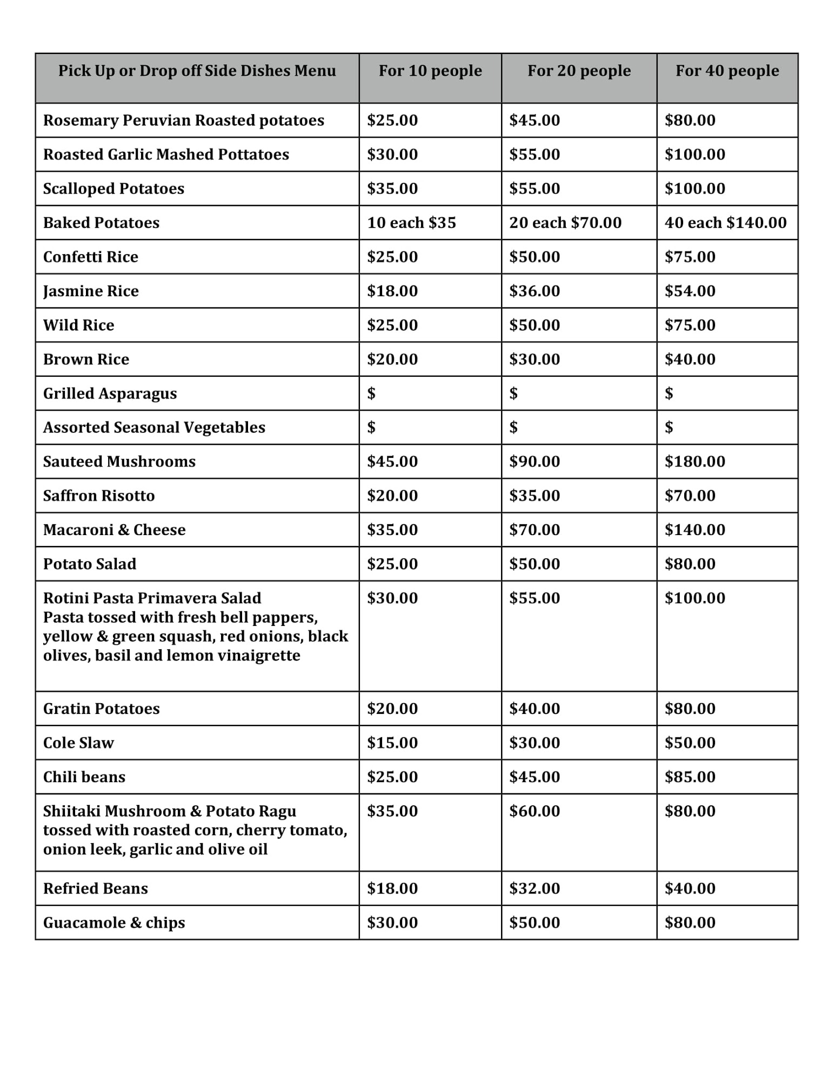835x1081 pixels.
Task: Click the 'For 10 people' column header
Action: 430,71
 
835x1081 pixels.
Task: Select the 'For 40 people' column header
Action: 727,71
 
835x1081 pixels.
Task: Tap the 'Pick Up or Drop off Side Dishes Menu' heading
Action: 197,71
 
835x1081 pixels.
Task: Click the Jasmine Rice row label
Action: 91,291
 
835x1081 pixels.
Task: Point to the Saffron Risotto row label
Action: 99,496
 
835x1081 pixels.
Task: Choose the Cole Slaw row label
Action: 78,743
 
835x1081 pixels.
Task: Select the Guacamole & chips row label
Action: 114,923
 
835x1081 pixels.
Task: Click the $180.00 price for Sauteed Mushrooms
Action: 694,462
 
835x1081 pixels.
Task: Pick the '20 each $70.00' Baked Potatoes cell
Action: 565,223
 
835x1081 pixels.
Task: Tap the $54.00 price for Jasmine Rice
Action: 690,291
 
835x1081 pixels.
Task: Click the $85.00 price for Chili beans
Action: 690,777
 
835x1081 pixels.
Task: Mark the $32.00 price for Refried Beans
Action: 535,889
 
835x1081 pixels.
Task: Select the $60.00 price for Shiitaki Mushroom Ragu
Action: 535,811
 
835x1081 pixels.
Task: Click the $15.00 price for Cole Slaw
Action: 392,743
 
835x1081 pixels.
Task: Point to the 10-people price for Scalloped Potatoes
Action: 392,189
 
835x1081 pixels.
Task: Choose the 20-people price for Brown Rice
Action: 535,359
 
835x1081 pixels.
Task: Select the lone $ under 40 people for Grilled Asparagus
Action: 669,393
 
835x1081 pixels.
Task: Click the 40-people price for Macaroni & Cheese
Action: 694,530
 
